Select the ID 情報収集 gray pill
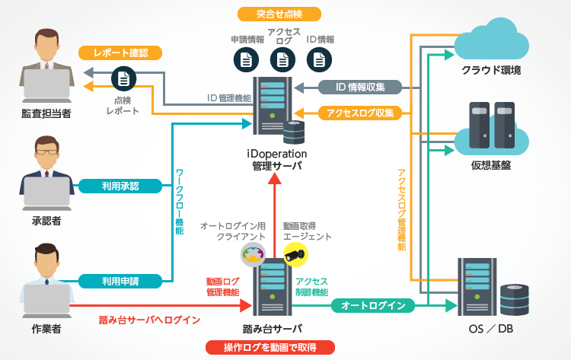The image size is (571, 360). pyautogui.click(x=359, y=87)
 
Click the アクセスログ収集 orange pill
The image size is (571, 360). pyautogui.click(x=359, y=113)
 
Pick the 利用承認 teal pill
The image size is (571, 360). pyautogui.click(x=120, y=186)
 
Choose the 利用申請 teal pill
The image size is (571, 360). pyautogui.click(x=120, y=281)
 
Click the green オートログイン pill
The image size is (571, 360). pyautogui.click(x=372, y=306)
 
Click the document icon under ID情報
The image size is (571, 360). pyautogui.click(x=320, y=59)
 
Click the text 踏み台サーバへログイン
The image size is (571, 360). pyautogui.click(x=149, y=320)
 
